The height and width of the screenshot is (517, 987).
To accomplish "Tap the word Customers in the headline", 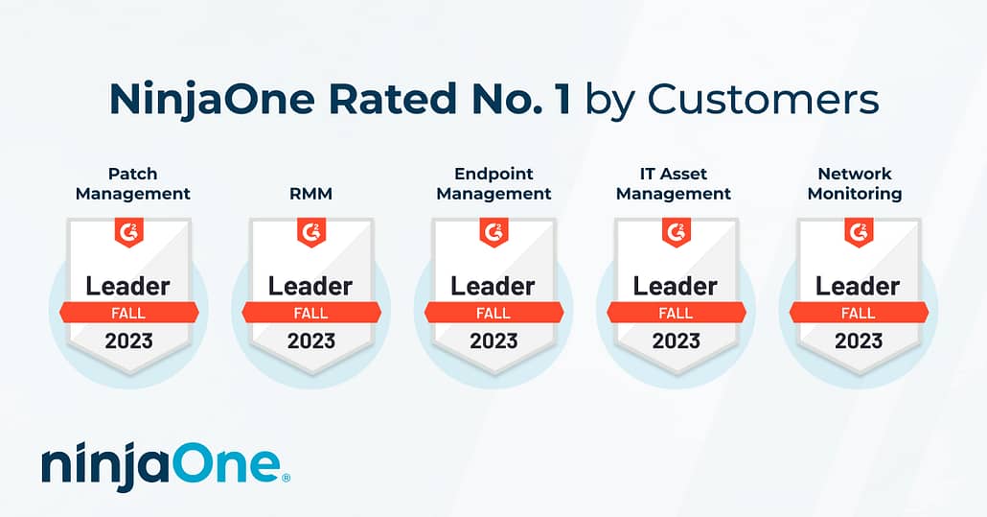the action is [763, 100].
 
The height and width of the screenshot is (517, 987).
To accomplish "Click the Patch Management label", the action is [133, 183].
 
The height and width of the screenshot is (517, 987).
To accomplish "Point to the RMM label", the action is [311, 194].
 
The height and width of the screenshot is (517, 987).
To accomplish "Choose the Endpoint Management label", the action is [493, 183].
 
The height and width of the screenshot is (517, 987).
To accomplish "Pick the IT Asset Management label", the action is [674, 183].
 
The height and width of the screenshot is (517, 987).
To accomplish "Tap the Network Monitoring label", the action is [855, 183].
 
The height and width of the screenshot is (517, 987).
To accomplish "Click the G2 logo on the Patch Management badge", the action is [129, 232].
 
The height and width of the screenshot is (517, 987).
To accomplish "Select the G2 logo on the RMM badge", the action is [311, 232].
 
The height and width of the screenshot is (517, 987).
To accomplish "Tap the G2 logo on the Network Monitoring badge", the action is [860, 232].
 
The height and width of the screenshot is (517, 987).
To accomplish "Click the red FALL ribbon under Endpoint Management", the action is [494, 313].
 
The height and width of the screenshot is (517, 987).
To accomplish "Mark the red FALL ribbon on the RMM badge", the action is [311, 313].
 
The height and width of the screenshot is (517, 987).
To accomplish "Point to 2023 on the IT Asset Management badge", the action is [676, 341].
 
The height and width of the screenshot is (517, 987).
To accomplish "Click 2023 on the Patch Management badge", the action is [129, 341].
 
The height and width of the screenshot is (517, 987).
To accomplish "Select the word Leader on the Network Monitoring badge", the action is [858, 286].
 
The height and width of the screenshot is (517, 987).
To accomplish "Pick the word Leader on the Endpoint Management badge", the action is [493, 286].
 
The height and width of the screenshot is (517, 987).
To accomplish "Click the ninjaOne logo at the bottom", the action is [161, 465].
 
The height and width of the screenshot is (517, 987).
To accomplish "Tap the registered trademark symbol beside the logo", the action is [287, 478].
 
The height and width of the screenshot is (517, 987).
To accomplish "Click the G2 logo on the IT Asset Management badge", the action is [677, 232].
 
